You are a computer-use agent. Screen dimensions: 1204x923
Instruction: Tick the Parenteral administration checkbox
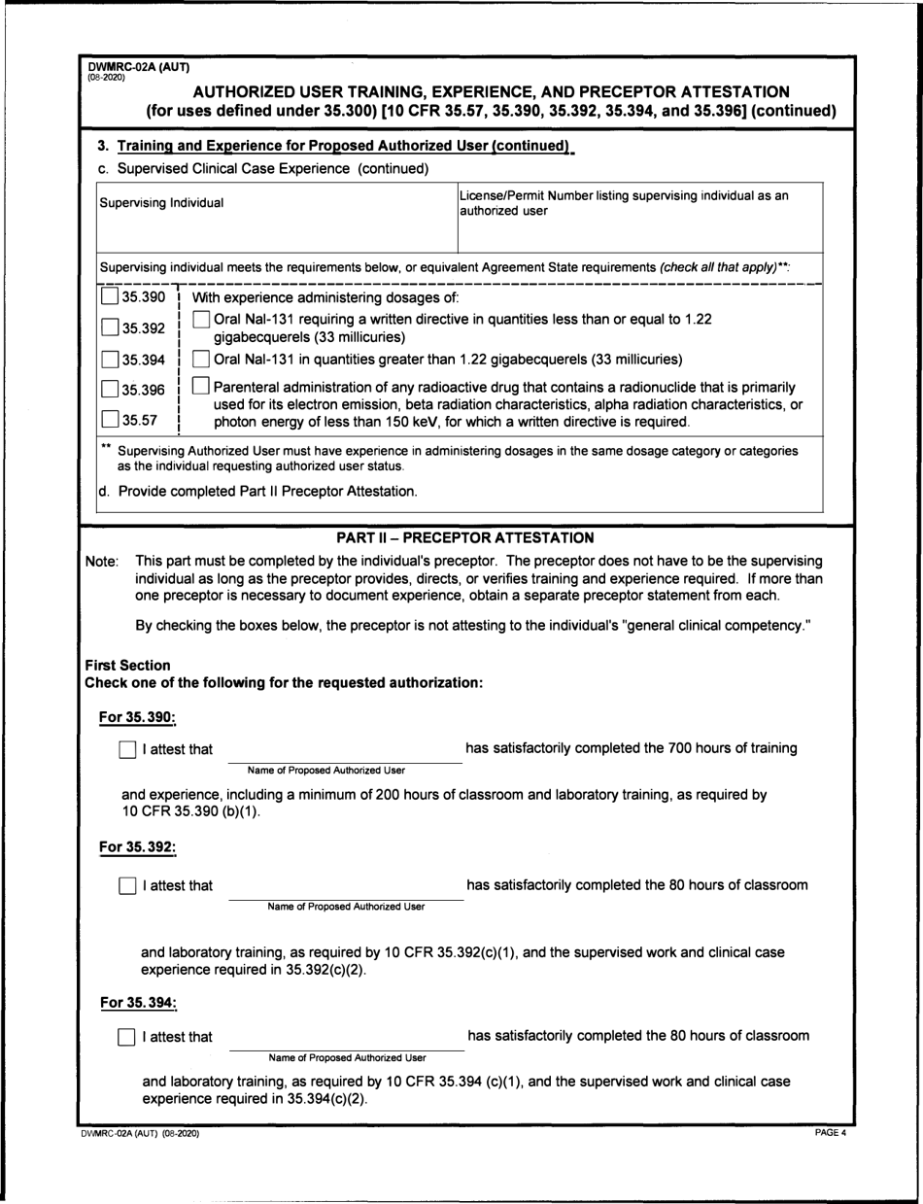tap(200, 388)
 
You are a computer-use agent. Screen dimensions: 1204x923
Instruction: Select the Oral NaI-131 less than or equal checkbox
tap(200, 319)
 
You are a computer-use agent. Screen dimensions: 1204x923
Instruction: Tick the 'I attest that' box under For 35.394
tap(125, 1037)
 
